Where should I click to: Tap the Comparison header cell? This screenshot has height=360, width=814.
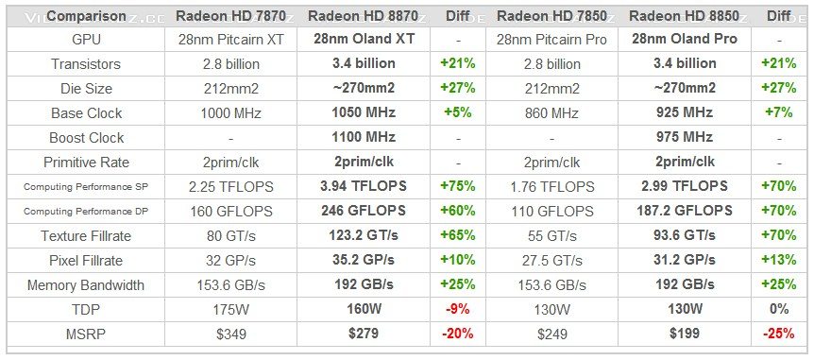tap(86, 15)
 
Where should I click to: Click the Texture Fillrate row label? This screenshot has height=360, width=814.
tap(86, 235)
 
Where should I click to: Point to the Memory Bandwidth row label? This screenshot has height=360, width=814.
tap(86, 284)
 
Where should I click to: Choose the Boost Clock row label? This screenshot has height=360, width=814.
tap(86, 137)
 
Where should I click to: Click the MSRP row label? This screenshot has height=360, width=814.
tap(86, 334)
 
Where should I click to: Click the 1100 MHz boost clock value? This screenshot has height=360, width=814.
tap(364, 137)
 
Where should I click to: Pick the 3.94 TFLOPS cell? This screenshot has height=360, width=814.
tap(364, 186)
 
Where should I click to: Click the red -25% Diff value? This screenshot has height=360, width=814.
tap(778, 334)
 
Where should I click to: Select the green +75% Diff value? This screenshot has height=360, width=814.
tap(457, 186)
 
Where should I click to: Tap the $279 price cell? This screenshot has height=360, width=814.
tap(364, 334)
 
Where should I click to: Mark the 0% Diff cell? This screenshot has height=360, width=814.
tap(778, 309)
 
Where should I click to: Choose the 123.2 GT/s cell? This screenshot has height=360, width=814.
tap(364, 235)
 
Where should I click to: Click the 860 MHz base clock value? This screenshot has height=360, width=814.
tap(551, 112)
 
